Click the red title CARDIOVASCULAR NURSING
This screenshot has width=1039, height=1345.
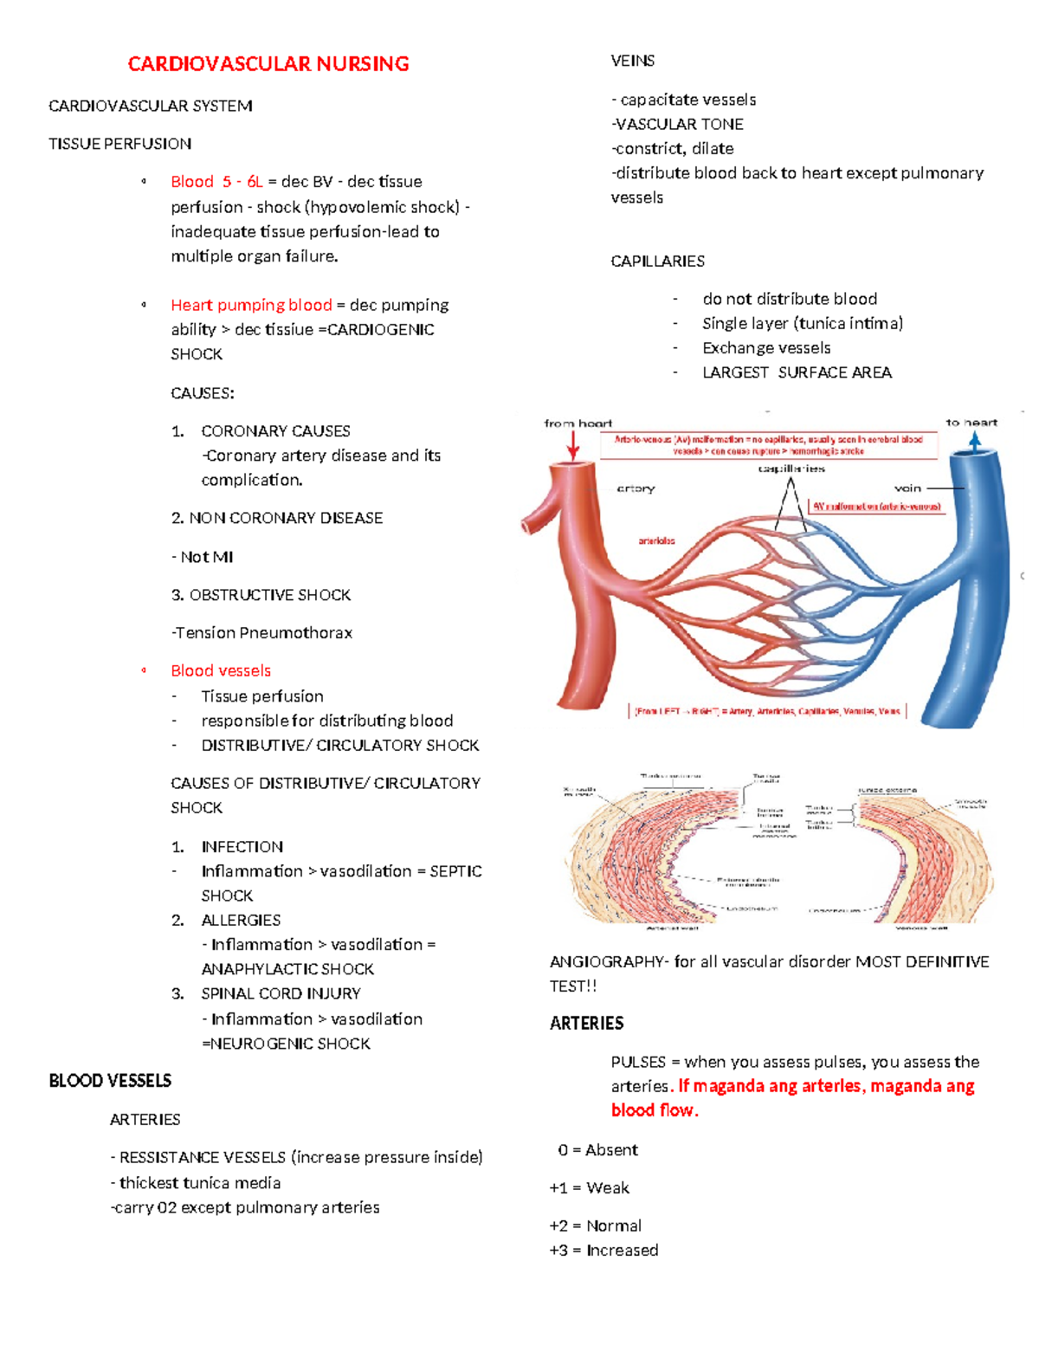click(x=268, y=64)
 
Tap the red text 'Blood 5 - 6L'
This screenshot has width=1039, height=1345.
click(x=216, y=182)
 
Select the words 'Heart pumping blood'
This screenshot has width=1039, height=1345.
click(x=251, y=305)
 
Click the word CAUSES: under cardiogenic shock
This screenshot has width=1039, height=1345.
click(x=203, y=393)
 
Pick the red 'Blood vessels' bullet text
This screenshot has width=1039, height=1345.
click(x=221, y=671)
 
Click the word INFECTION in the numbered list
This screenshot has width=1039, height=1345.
click(x=242, y=847)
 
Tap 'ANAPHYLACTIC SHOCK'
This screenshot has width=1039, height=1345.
click(x=287, y=969)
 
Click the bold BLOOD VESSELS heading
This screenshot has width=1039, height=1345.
click(x=110, y=1081)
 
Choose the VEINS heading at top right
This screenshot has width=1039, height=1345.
click(x=633, y=61)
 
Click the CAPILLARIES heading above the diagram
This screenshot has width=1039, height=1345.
click(x=657, y=262)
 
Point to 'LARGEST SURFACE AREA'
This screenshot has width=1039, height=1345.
click(x=797, y=372)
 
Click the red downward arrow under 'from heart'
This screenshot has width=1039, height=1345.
click(x=573, y=446)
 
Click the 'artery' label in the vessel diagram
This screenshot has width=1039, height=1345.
click(x=636, y=488)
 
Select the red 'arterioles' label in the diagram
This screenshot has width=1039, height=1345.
click(x=656, y=541)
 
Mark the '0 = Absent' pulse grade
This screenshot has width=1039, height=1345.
click(x=597, y=1150)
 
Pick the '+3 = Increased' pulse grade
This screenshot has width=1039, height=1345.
click(x=603, y=1251)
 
